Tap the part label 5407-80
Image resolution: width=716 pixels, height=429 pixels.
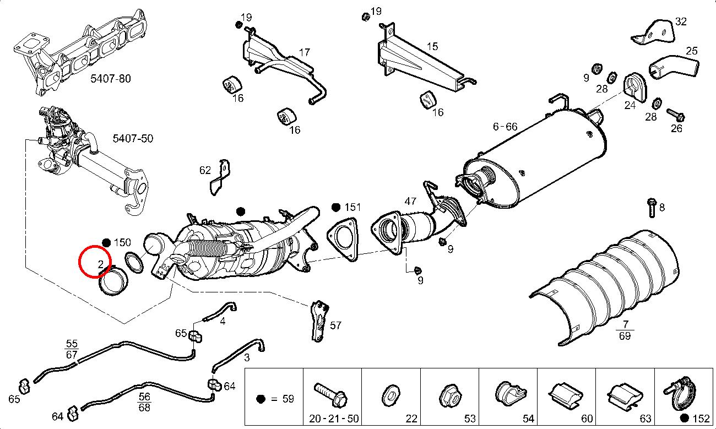click(x=111, y=78)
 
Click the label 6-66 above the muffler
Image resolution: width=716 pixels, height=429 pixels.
click(x=505, y=127)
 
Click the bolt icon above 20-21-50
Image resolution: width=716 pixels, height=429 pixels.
click(x=330, y=393)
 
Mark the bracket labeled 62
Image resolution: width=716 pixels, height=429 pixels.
click(x=221, y=177)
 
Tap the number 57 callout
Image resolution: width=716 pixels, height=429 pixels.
click(x=335, y=325)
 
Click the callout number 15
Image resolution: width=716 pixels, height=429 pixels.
click(x=432, y=47)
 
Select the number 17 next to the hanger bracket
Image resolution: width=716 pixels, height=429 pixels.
click(x=305, y=53)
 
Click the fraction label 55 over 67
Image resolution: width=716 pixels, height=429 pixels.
click(x=72, y=349)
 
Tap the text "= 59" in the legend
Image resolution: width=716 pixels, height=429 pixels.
click(x=283, y=399)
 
